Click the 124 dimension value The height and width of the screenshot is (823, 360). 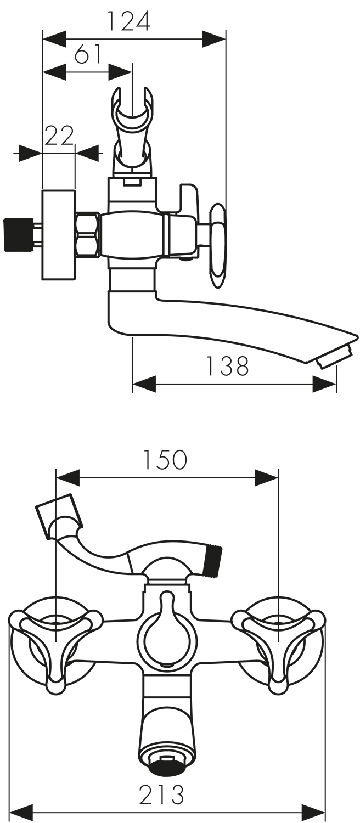[x=128, y=21]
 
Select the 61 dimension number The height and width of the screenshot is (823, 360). [x=88, y=54]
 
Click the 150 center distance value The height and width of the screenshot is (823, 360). [x=165, y=460]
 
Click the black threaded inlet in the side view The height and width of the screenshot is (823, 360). [x=17, y=235]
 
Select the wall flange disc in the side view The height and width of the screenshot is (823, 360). [x=59, y=235]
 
